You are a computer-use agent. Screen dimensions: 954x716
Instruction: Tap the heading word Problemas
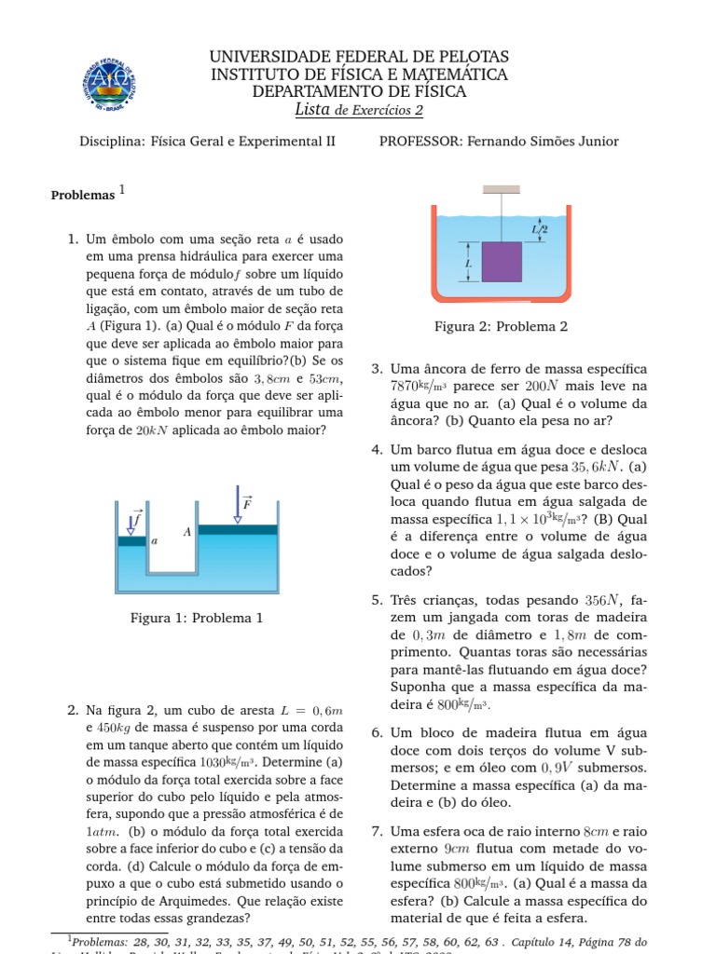pos(82,197)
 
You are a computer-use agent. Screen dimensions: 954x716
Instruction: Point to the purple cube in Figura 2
pos(502,263)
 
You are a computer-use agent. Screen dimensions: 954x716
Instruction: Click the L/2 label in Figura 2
pos(539,228)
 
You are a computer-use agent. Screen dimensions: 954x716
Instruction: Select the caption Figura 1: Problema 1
pos(197,617)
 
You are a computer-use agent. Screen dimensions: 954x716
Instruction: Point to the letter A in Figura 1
pos(187,532)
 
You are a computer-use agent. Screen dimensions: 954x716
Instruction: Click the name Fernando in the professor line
pos(502,142)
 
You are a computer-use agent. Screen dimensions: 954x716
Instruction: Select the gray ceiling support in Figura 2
pos(502,189)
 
